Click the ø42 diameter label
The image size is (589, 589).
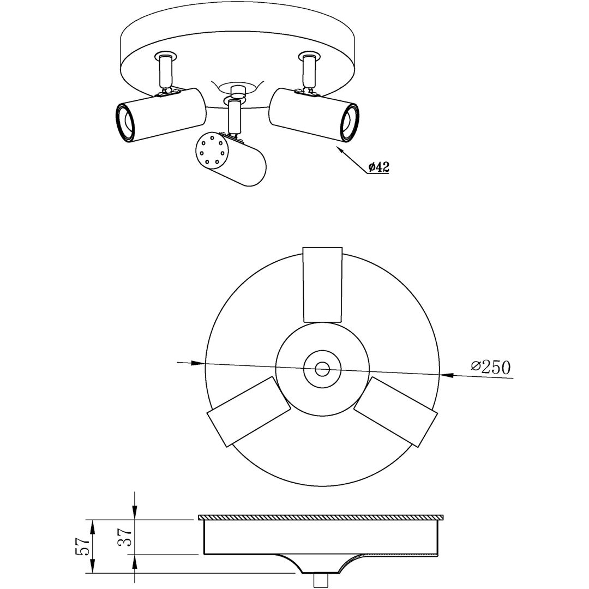pos(378,167)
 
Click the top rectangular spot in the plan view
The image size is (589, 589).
pos(322,284)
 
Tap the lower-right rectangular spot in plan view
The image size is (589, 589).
pos(396,412)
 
